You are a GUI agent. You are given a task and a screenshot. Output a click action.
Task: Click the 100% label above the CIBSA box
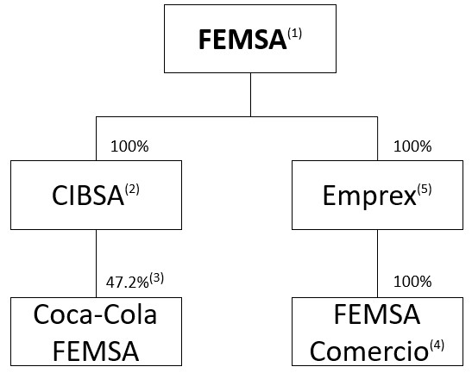(129, 146)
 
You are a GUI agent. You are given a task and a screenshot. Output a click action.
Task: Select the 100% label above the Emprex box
(412, 146)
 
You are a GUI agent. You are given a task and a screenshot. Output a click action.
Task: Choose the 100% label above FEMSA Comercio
(412, 281)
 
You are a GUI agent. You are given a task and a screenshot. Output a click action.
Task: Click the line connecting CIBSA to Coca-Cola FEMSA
(96, 263)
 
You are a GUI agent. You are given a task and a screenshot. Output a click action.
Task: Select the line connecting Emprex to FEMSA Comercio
(376, 263)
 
